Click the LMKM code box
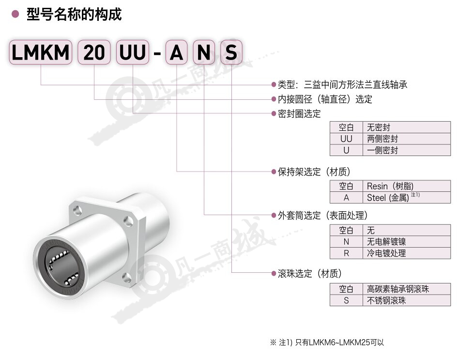tap(41, 52)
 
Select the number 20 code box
tap(94, 52)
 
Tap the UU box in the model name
tap(133, 52)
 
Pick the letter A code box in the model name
tap(176, 52)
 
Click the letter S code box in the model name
tap(231, 52)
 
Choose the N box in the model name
tap(204, 52)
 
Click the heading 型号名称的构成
tap(74, 14)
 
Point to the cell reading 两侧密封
tap(407, 139)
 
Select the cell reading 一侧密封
tap(407, 150)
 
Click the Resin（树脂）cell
tap(407, 186)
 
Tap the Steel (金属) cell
tap(407, 198)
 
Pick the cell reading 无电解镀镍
tap(407, 242)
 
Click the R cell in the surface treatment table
tap(347, 253)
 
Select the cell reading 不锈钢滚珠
tap(407, 300)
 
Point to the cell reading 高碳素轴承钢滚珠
tap(407, 289)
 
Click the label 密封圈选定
tap(299, 114)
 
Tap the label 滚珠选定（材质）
tap(310, 274)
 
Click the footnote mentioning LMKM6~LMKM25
tap(327, 342)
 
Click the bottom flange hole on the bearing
tap(127, 277)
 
